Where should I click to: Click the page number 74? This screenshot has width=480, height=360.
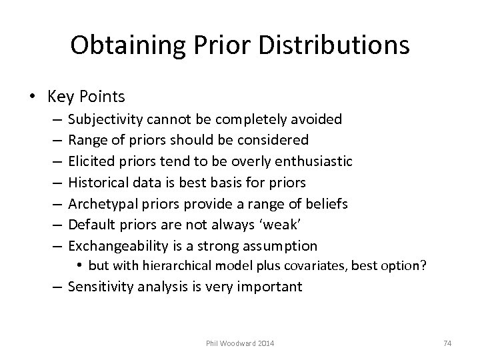pos(448,343)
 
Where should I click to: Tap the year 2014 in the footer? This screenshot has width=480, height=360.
pos(265,343)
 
